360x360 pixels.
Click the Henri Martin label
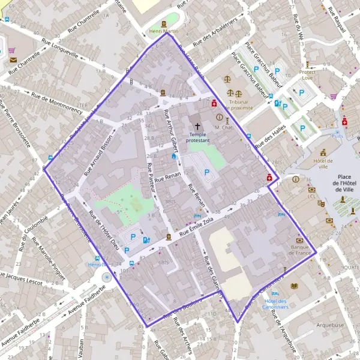(163, 31)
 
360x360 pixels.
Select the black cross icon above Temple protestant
(197, 127)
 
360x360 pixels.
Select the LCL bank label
(311, 196)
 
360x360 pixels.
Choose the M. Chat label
(223, 127)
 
